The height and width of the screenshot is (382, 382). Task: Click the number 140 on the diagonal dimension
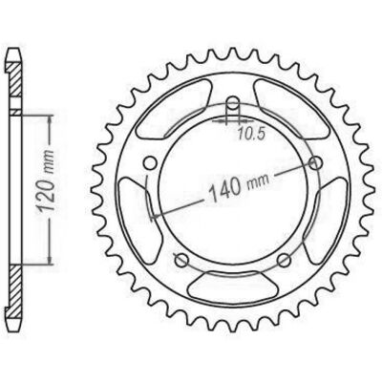point(224,190)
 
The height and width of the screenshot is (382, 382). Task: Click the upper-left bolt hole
point(150,163)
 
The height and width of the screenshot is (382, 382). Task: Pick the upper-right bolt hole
point(316,163)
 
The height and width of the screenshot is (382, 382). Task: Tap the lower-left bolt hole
point(181,261)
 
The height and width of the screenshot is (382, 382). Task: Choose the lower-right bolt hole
point(285,261)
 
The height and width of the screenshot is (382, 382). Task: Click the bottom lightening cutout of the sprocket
point(233,285)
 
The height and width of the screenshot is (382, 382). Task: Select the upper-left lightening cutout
point(175,108)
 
